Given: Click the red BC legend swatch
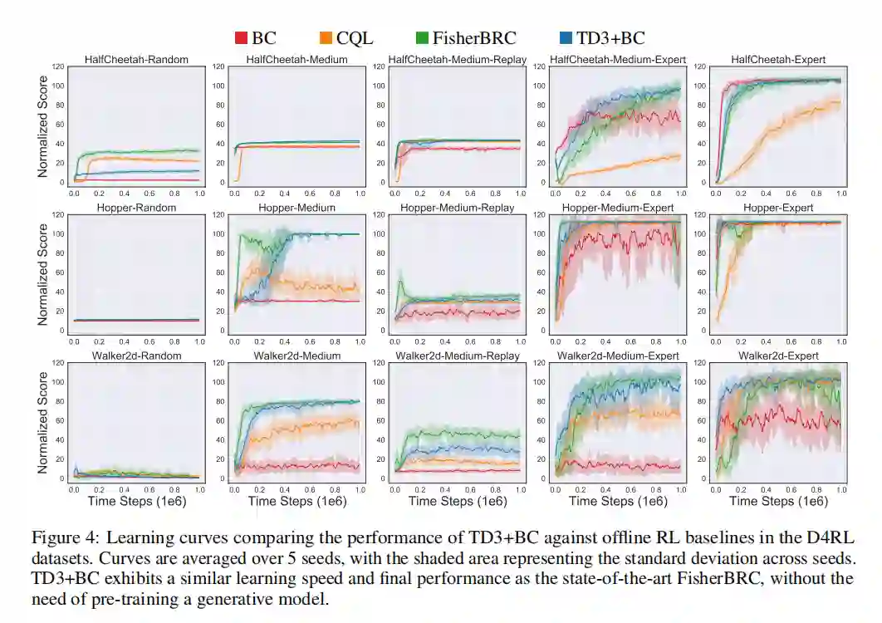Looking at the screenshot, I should (x=241, y=37).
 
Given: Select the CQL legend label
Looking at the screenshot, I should (x=355, y=37).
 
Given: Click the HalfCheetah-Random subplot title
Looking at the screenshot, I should (x=136, y=60).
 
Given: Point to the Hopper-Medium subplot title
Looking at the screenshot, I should (x=296, y=208).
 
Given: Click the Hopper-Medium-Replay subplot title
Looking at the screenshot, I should (x=457, y=208).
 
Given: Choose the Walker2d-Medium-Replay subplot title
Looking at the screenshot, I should (x=456, y=356).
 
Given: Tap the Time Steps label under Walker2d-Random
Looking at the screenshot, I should (x=136, y=502).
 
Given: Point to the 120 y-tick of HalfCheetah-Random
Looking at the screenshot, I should (x=57, y=66).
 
